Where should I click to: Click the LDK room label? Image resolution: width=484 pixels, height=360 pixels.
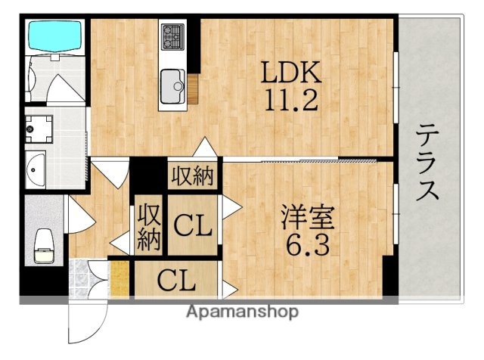[x=291, y=73]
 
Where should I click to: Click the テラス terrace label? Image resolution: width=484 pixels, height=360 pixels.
[x=428, y=162]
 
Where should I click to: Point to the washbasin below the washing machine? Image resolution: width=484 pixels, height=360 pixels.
[x=35, y=169]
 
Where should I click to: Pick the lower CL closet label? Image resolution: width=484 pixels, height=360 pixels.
[x=176, y=281]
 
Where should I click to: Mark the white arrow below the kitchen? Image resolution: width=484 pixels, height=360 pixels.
[x=204, y=148]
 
